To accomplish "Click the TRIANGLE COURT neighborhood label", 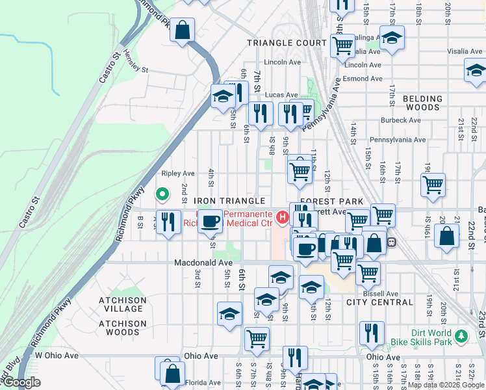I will (x=287, y=42).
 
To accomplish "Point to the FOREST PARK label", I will (x=331, y=201).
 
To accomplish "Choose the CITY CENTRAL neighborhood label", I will (x=379, y=302).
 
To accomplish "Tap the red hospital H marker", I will (x=283, y=217).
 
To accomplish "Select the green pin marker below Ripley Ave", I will (x=162, y=194).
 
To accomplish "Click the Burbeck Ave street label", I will (x=401, y=120).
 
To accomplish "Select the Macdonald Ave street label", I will (x=203, y=263).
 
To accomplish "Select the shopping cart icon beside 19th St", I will (x=433, y=184).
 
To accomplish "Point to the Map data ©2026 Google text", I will (x=445, y=385).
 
